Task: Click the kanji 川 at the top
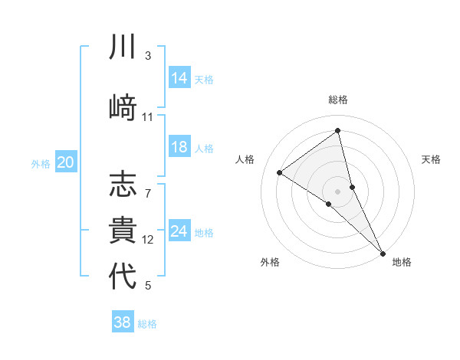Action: coord(123,48)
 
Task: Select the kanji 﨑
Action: coord(123,105)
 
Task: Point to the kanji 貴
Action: coord(123,230)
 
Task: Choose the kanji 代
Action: coord(123,275)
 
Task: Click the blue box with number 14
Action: coord(179,78)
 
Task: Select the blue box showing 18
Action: coord(179,148)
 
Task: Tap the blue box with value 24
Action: coord(179,231)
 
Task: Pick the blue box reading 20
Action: coord(66,162)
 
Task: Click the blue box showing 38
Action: coord(123,322)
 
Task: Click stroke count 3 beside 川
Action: coord(147,56)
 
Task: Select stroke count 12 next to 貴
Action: coord(148,240)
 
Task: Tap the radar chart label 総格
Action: coord(338,100)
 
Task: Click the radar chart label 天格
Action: coord(431,159)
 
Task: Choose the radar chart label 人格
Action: coord(245,159)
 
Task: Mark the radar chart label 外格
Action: coord(270,262)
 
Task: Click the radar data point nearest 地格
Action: coord(383,251)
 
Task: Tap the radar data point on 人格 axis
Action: coord(279,172)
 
